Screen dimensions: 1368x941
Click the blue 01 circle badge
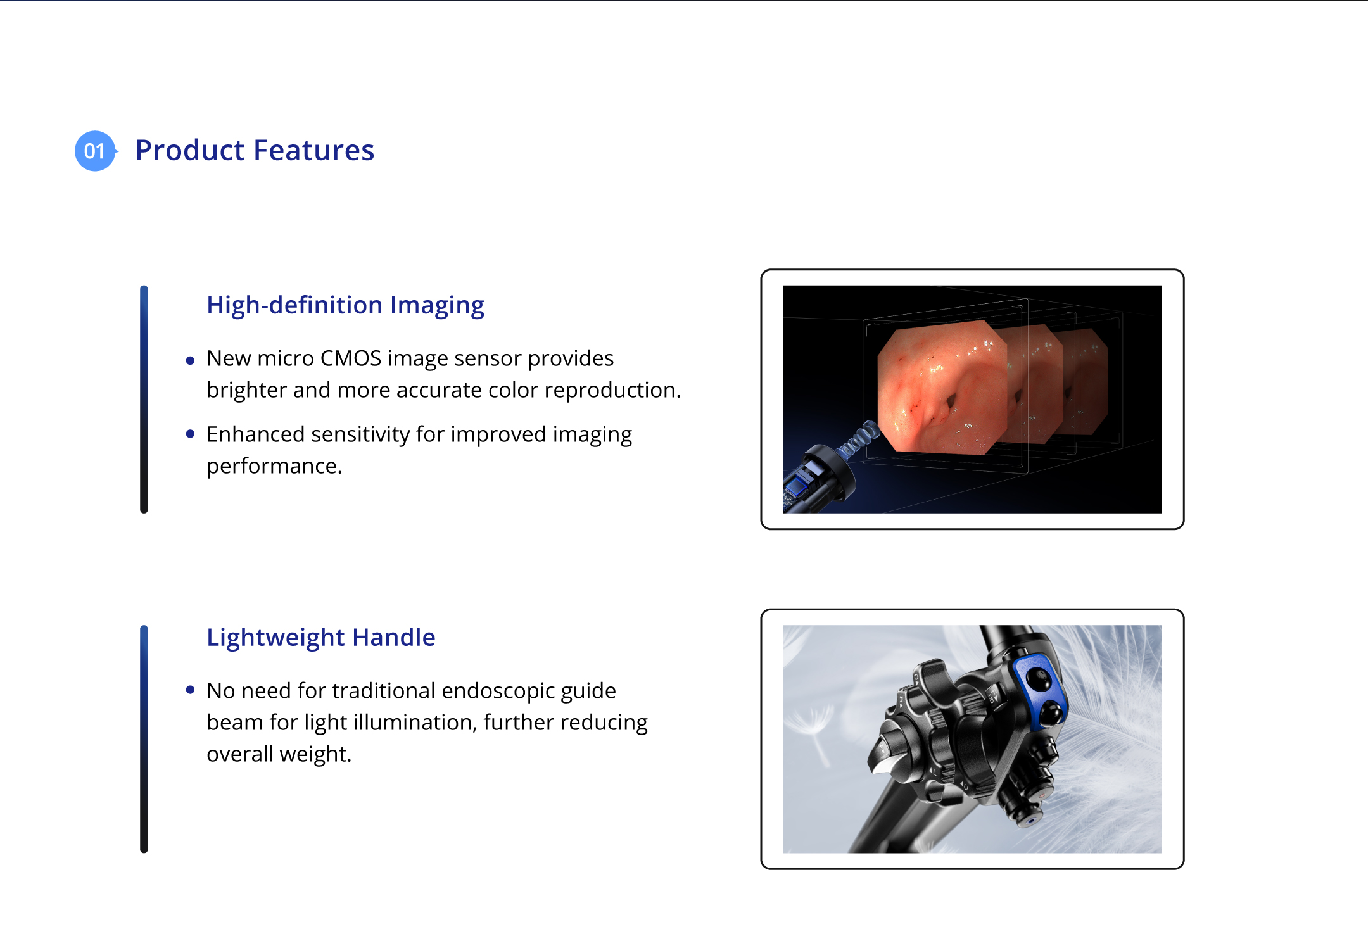pyautogui.click(x=95, y=151)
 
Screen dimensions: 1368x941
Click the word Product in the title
pyautogui.click(x=190, y=150)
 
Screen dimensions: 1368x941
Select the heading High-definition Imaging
pyautogui.click(x=345, y=305)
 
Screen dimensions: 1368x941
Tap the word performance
pyautogui.click(x=274, y=467)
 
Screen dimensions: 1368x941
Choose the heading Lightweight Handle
pyautogui.click(x=321, y=637)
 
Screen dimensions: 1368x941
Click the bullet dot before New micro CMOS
pyautogui.click(x=190, y=361)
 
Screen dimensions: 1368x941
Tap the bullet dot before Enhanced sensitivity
pyautogui.click(x=190, y=434)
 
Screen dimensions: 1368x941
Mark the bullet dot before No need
pyautogui.click(x=190, y=690)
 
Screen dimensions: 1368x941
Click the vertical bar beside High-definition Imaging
pyautogui.click(x=144, y=399)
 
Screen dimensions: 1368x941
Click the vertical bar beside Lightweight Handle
pyautogui.click(x=144, y=739)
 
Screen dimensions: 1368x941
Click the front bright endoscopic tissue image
pyautogui.click(x=942, y=388)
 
